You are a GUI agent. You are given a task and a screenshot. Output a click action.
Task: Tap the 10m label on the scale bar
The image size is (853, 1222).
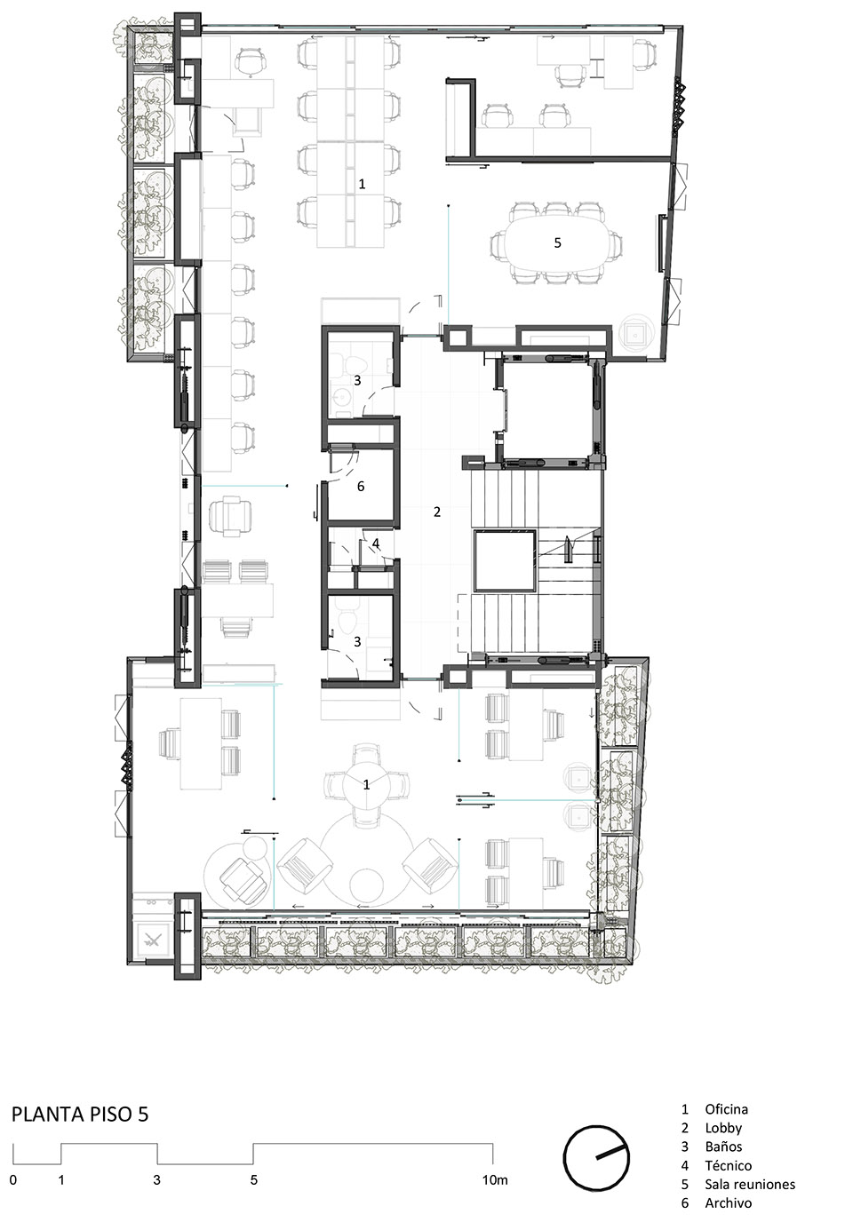[495, 1180]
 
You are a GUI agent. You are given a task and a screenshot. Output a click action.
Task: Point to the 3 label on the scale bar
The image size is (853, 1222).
[157, 1180]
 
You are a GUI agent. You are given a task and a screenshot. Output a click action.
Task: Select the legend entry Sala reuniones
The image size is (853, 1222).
[749, 1184]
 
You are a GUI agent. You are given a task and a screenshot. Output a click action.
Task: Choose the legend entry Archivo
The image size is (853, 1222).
[728, 1202]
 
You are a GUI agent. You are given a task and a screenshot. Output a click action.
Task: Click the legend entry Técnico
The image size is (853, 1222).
[728, 1165]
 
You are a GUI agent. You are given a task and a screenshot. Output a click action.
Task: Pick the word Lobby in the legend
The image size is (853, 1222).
[723, 1128]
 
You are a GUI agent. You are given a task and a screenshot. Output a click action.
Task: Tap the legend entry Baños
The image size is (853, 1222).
[723, 1147]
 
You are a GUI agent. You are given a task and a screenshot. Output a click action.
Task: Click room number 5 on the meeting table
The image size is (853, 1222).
[558, 242]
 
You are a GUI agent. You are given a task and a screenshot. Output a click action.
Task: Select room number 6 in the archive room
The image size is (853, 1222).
[361, 487]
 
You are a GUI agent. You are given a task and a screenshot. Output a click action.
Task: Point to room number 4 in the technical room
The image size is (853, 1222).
[376, 543]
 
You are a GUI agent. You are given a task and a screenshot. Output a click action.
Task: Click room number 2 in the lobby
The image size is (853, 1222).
[437, 512]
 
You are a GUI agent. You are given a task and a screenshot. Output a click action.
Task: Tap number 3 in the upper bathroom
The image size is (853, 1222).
[357, 379]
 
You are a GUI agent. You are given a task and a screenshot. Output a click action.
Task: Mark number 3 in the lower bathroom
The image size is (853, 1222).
[357, 640]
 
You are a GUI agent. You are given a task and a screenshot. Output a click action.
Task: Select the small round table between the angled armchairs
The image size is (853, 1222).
[366, 885]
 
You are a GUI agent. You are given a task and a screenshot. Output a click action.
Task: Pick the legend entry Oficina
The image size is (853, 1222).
[726, 1109]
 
